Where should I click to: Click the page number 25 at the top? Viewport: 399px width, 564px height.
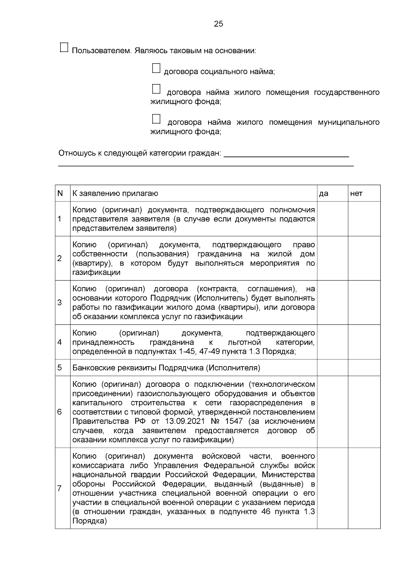218,24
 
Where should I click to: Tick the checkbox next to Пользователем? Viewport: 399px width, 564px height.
64,48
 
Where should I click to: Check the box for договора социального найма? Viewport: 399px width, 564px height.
156,68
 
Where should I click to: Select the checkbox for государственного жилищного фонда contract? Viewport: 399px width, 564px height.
156,89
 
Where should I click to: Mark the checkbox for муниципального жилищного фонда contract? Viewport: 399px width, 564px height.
156,119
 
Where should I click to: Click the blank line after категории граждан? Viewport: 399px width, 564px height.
286,154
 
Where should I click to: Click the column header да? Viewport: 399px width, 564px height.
324,193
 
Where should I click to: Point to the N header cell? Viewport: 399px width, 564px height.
60,193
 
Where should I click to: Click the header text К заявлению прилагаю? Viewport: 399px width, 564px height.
115,193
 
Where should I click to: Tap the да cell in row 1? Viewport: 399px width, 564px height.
332,219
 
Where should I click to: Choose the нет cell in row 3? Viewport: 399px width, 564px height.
364,302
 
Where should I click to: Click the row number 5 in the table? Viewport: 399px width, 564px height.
60,368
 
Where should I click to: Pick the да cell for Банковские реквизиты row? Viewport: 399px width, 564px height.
332,368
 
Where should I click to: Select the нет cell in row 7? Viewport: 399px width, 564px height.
364,488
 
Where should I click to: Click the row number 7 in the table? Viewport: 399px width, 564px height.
60,488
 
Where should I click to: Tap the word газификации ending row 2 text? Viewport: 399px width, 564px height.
96,273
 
